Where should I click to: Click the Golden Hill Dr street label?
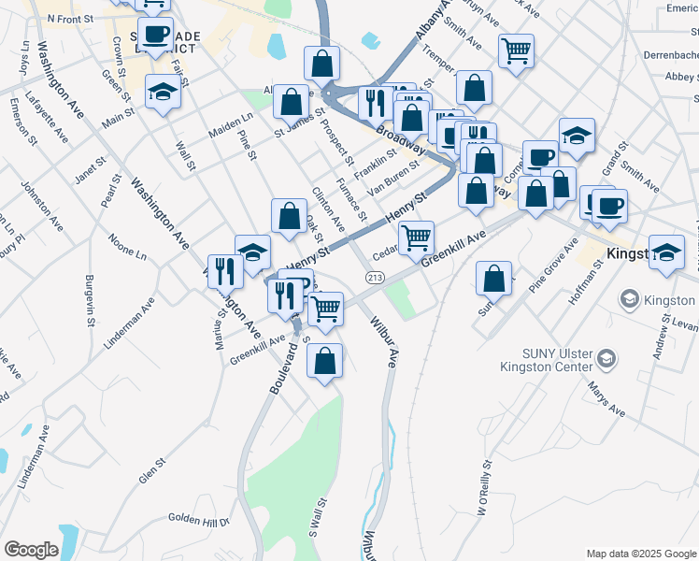click(198, 517)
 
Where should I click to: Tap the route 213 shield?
click(376, 278)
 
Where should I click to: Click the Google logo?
click(31, 550)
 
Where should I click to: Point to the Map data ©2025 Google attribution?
click(640, 554)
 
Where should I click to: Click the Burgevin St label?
click(89, 299)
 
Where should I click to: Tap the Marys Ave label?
click(606, 397)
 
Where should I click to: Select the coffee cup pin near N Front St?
click(155, 34)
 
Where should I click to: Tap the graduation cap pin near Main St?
click(163, 91)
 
